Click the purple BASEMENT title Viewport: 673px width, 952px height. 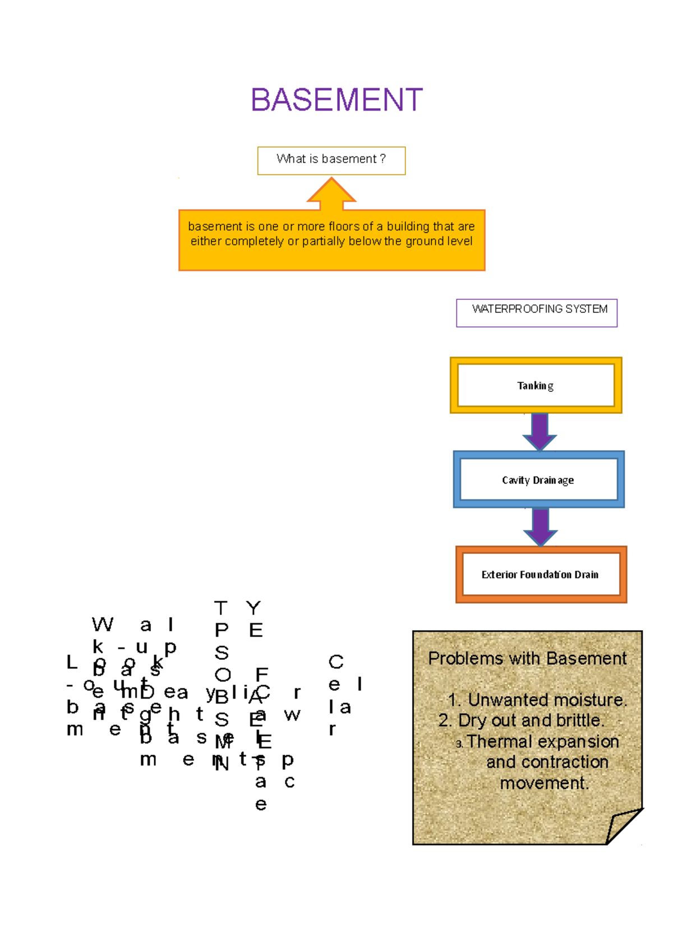(x=336, y=100)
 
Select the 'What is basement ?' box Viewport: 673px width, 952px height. (x=331, y=160)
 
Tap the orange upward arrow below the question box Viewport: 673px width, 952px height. (x=331, y=194)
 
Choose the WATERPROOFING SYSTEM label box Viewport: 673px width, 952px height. (x=537, y=312)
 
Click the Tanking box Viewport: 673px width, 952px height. (x=536, y=385)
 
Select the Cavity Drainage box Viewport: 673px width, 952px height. (x=538, y=480)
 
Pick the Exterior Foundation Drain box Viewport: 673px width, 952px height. (x=541, y=575)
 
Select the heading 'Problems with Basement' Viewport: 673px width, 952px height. (x=527, y=658)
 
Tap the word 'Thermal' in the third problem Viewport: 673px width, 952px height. (x=500, y=742)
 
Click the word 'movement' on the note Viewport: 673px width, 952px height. (x=544, y=783)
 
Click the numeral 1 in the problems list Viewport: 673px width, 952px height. (x=454, y=700)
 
